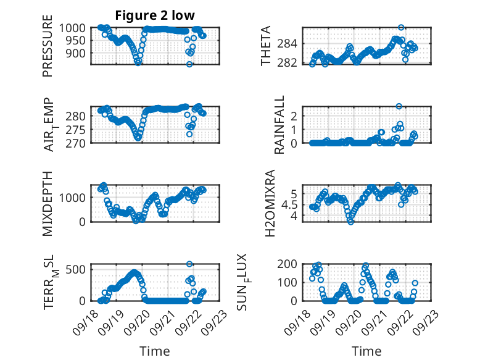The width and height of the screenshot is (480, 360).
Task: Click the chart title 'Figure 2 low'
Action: pyautogui.click(x=151, y=15)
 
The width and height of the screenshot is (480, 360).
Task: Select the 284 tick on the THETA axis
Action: pyautogui.click(x=291, y=43)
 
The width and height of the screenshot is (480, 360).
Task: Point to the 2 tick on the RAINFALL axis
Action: pyautogui.click(x=295, y=115)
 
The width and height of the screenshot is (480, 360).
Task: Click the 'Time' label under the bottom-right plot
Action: pyautogui.click(x=366, y=351)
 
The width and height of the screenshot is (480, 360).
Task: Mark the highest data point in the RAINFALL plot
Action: pyautogui.click(x=399, y=106)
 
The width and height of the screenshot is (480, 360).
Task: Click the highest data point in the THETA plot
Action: pyautogui.click(x=401, y=27)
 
